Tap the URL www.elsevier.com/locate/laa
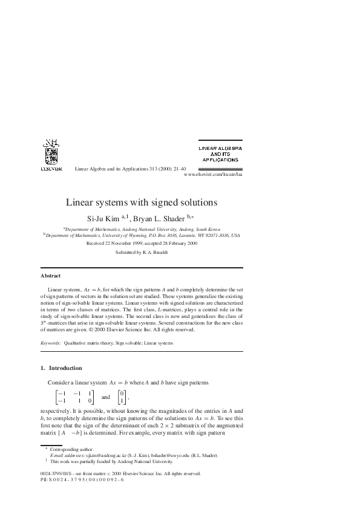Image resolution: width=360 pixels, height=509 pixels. click(x=212, y=173)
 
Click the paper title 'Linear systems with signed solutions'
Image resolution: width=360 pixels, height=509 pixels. click(x=141, y=203)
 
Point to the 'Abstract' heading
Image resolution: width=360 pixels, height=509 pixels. click(x=50, y=276)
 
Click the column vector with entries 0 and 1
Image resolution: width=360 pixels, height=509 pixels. click(x=122, y=397)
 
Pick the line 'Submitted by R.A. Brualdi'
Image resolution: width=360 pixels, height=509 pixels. click(x=142, y=252)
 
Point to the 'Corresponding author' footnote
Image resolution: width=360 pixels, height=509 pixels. click(x=69, y=449)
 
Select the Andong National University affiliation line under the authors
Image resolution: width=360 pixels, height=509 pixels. click(x=142, y=230)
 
